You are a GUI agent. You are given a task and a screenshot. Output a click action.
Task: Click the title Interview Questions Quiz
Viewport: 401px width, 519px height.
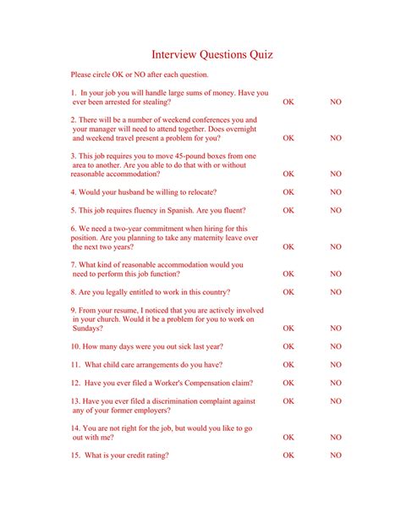coord(211,55)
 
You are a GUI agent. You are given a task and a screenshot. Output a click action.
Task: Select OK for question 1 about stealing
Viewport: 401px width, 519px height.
coord(288,102)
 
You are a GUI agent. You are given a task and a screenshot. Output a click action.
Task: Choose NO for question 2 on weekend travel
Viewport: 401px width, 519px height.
coord(336,137)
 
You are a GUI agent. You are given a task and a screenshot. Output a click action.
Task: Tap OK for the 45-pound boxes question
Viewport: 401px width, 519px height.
coord(288,174)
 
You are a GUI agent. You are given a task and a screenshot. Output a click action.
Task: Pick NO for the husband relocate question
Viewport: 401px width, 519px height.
coord(336,192)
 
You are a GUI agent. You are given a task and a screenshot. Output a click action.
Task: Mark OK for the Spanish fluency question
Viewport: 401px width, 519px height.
coord(288,210)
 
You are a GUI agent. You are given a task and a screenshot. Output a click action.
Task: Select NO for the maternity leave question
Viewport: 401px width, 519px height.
coord(336,246)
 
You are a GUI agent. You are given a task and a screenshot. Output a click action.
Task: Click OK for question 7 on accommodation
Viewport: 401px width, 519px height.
coord(288,273)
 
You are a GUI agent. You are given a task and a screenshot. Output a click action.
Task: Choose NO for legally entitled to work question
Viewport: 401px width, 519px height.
coord(336,292)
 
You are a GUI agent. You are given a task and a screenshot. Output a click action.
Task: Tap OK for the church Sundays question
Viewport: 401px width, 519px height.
coord(288,328)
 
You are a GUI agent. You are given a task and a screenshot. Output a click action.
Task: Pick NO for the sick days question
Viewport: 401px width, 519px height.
coord(336,346)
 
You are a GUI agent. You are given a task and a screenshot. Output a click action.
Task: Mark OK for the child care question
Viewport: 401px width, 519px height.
coord(288,365)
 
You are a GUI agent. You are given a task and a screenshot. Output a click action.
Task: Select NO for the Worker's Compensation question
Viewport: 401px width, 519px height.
coord(336,383)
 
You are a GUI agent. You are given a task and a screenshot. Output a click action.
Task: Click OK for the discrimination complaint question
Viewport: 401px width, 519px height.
coord(288,400)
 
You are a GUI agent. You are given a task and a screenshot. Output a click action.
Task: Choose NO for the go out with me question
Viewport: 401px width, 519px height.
coord(336,437)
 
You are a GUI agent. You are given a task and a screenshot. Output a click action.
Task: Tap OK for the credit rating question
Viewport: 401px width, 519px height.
coord(288,455)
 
